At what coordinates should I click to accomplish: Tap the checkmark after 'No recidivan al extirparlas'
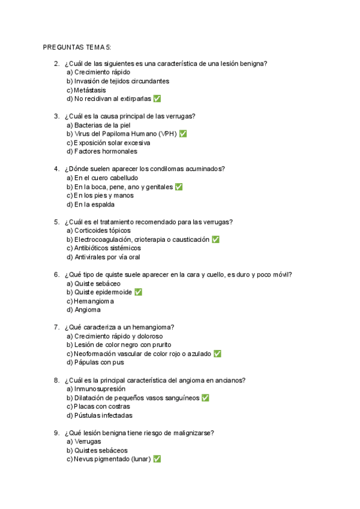click(157, 98)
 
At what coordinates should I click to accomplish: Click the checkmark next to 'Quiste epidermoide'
click(138, 292)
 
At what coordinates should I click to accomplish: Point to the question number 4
click(56, 169)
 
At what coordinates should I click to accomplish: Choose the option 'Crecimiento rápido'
click(102, 72)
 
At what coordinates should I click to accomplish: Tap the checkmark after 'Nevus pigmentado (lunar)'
click(157, 459)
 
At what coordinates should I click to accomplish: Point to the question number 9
click(56, 432)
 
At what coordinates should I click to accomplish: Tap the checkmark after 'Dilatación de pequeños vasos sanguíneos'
click(205, 397)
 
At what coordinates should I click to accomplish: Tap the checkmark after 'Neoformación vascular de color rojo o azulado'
click(217, 354)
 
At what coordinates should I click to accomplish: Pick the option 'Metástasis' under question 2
click(89, 90)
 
